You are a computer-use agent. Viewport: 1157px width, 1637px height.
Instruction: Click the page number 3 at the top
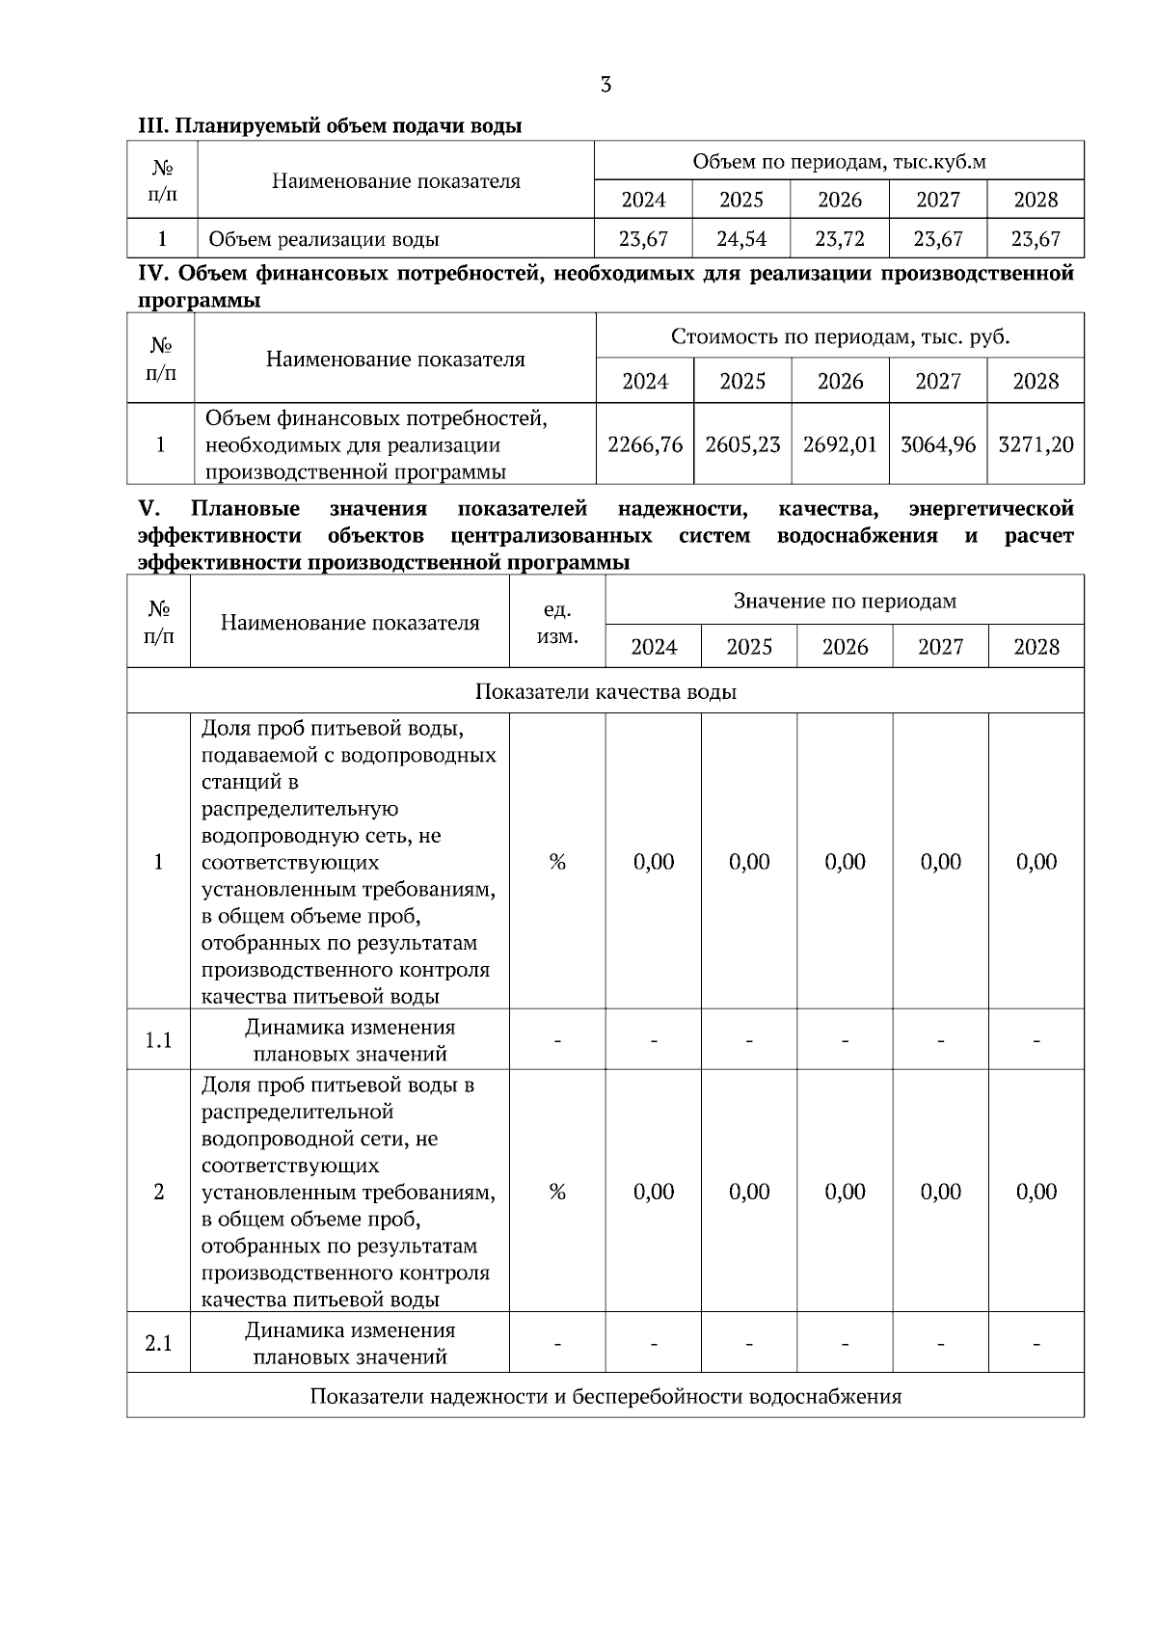click(605, 85)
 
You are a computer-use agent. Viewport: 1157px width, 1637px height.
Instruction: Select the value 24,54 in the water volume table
click(741, 238)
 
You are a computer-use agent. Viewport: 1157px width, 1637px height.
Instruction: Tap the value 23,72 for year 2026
click(840, 238)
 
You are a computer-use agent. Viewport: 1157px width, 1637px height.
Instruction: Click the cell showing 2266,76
click(645, 444)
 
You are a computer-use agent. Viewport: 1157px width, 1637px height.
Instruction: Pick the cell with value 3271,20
click(1036, 444)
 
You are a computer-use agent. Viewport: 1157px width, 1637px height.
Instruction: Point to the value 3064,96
click(938, 444)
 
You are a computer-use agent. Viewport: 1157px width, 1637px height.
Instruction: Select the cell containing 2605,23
click(742, 444)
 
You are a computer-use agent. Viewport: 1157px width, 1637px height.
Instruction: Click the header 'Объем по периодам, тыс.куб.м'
click(839, 161)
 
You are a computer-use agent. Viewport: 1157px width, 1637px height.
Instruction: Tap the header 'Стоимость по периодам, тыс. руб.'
click(840, 336)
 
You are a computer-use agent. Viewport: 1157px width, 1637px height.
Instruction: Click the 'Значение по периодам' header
click(845, 601)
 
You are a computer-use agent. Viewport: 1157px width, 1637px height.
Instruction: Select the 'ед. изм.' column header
click(557, 623)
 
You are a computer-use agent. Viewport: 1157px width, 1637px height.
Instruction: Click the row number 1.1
click(158, 1040)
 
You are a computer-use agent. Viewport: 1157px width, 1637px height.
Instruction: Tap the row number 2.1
click(158, 1343)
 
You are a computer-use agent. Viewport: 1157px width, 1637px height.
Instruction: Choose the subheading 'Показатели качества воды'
click(605, 691)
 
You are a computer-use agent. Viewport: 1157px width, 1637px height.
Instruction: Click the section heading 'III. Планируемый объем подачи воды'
click(330, 125)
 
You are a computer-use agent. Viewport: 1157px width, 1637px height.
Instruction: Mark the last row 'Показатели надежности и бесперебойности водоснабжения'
click(605, 1396)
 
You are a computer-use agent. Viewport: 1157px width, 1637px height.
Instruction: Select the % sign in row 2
click(557, 1192)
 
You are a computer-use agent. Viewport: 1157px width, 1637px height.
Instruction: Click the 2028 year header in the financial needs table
click(1036, 381)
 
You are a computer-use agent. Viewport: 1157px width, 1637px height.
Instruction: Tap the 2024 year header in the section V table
click(654, 647)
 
